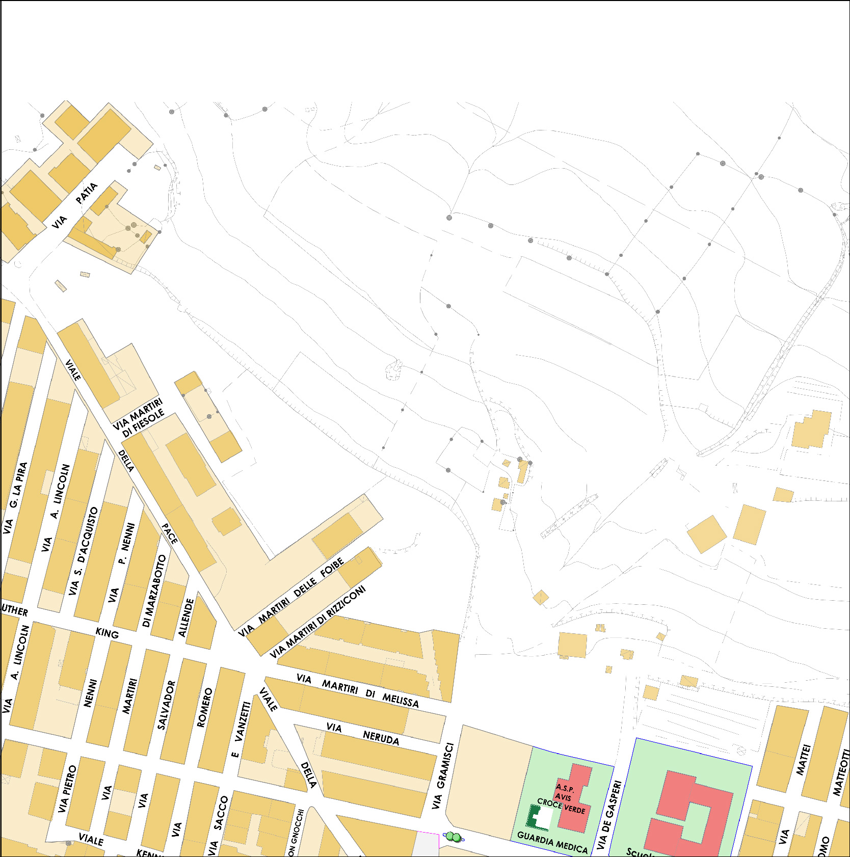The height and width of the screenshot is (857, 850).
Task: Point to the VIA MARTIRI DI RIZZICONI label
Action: tap(317, 621)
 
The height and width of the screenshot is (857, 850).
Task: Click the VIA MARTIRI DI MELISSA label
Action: tap(358, 691)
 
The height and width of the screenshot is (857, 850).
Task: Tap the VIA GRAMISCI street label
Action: tap(442, 775)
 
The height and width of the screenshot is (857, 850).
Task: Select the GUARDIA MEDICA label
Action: tap(552, 842)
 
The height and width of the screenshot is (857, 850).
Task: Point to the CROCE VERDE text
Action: tap(561, 806)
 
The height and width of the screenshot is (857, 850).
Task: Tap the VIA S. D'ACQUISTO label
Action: tap(84, 550)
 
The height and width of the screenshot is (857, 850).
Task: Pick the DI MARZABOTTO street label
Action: tap(154, 591)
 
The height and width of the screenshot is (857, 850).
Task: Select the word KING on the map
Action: tap(107, 633)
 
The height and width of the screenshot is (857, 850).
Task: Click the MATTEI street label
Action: tap(803, 760)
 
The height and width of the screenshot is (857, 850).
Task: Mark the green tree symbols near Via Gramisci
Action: tap(453, 837)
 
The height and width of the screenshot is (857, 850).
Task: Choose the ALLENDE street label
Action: tap(186, 617)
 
